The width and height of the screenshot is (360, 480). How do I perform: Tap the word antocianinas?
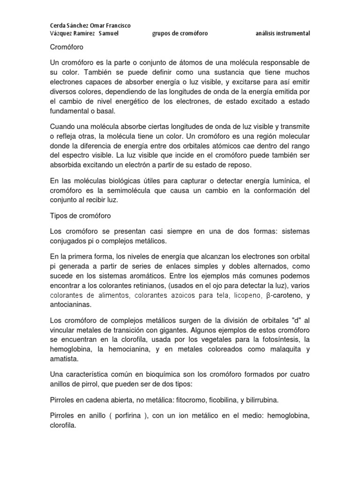71,304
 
